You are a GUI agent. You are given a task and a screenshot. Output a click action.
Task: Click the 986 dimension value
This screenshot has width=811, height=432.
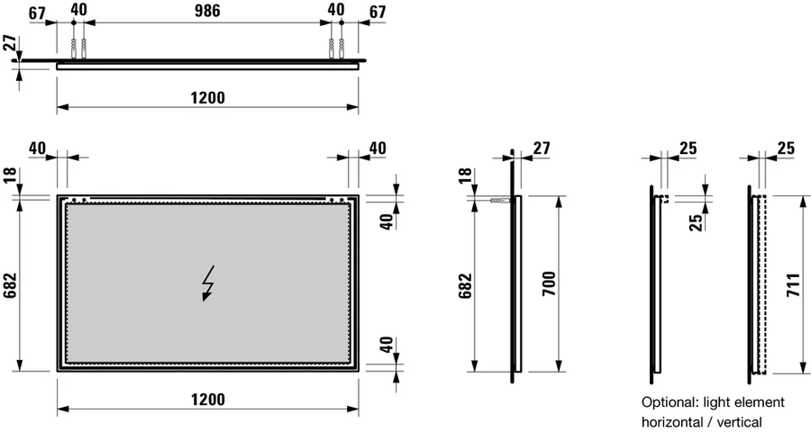207,12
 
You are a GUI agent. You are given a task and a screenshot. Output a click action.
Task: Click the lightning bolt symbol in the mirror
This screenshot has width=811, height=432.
208,283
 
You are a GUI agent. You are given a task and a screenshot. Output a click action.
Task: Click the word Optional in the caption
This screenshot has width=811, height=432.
667,402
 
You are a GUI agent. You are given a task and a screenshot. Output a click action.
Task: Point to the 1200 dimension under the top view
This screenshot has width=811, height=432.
207,96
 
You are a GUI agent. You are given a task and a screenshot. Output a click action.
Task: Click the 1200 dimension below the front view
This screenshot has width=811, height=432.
207,399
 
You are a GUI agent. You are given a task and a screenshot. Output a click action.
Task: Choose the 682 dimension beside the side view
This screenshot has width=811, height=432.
465,286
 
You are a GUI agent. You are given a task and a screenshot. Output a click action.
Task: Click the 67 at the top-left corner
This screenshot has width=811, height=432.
38,12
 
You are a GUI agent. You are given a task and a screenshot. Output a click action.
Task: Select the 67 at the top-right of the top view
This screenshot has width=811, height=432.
378,12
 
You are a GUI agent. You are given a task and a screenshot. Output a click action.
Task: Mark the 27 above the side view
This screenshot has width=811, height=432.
541,148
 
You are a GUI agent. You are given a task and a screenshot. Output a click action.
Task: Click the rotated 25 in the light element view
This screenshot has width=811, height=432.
695,221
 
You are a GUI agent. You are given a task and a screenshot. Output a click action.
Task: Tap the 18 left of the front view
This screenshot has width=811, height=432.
12,175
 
